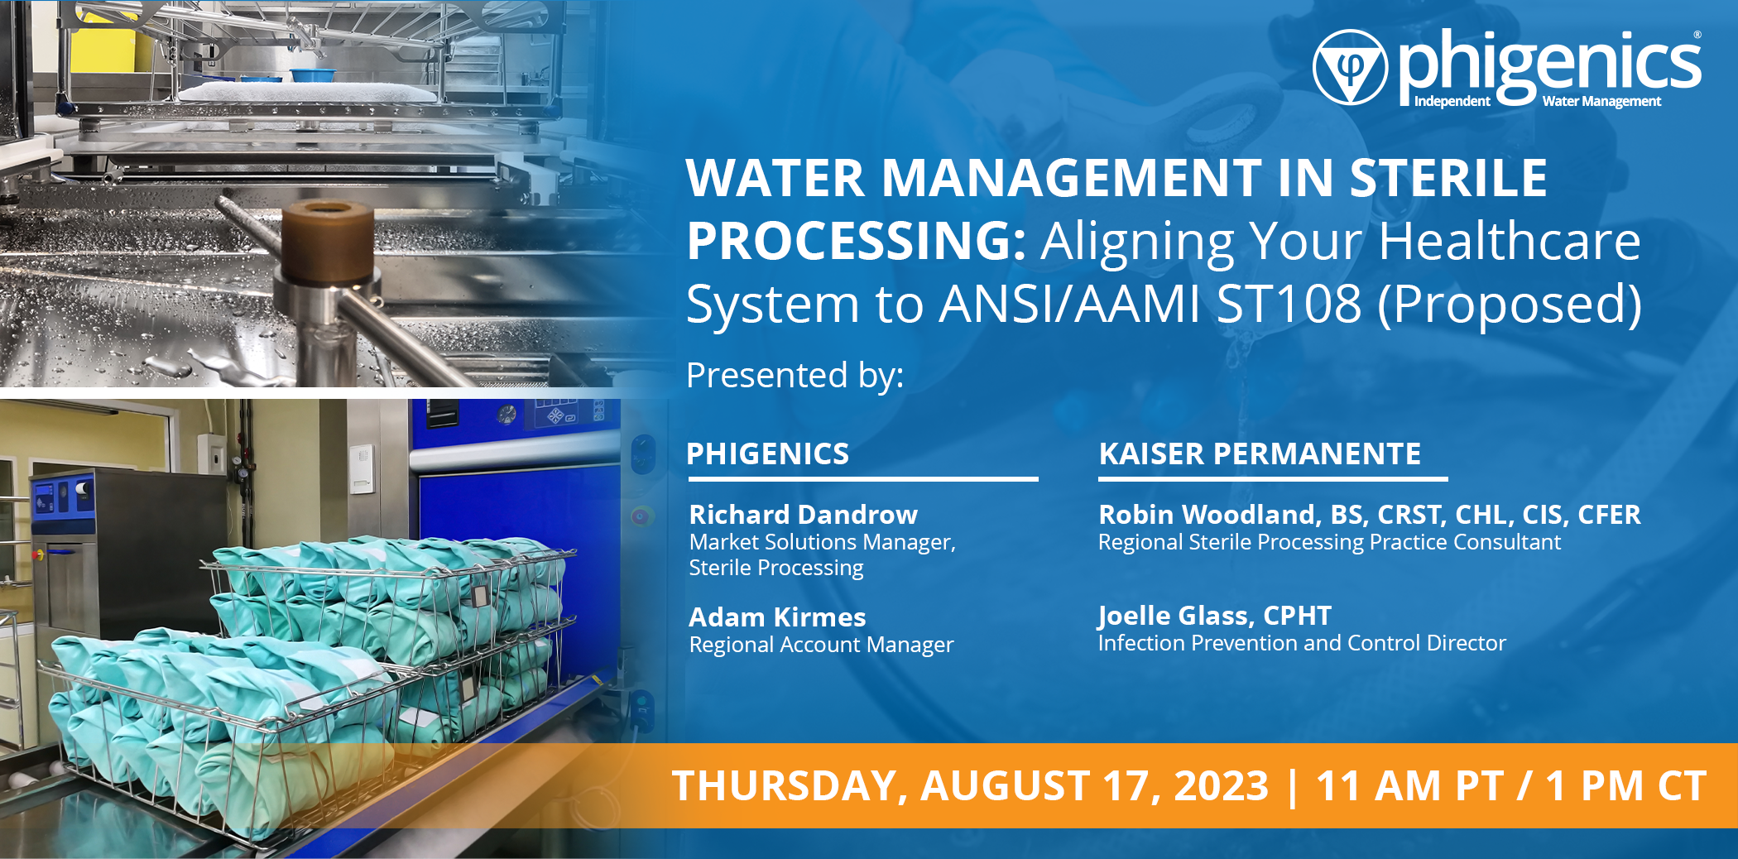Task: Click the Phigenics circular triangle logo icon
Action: [x=1350, y=68]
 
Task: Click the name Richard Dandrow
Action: [x=804, y=515]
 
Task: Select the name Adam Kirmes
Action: [x=777, y=617]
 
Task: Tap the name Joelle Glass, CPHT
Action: [x=1215, y=616]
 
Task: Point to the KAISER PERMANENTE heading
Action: [x=1260, y=453]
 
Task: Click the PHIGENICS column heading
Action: [x=768, y=453]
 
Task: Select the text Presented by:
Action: [x=795, y=375]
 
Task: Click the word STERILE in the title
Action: [x=1448, y=178]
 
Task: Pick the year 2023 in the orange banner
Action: [x=1221, y=786]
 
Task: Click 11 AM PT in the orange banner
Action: [x=1409, y=786]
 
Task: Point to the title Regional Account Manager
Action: [x=821, y=645]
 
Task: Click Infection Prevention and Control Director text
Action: [x=1302, y=643]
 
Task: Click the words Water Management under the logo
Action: [x=1601, y=102]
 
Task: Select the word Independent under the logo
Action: [x=1452, y=102]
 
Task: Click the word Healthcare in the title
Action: [x=1510, y=242]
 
